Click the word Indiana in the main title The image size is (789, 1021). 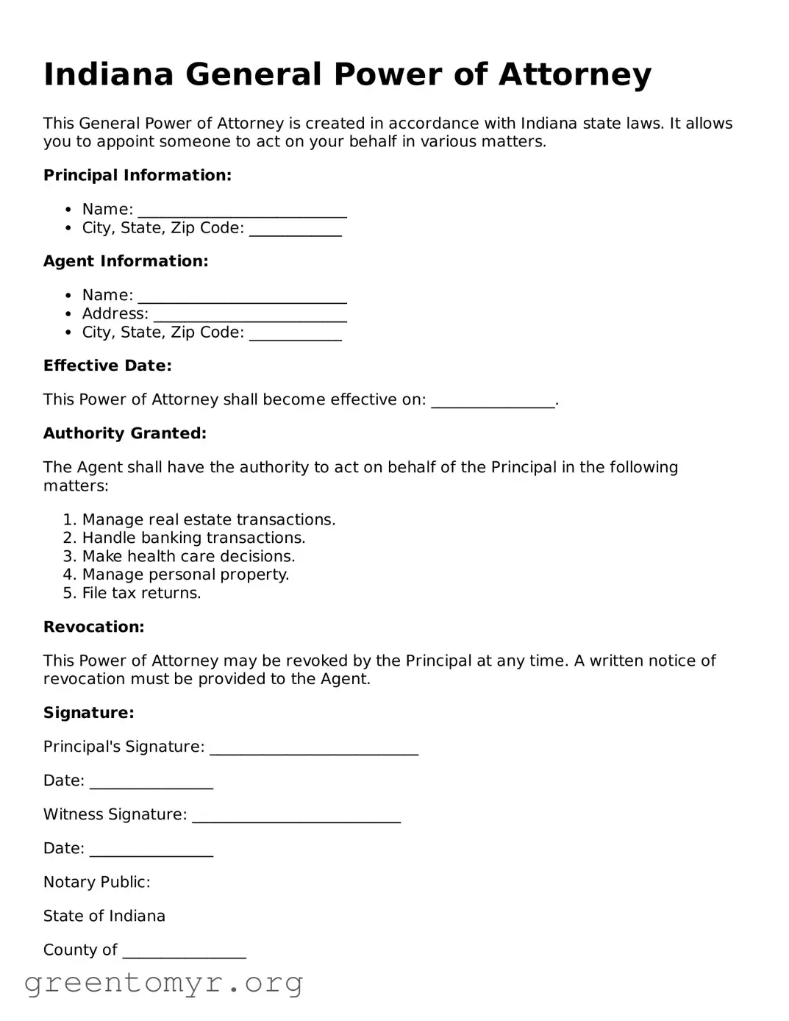point(108,75)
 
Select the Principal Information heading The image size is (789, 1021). point(137,175)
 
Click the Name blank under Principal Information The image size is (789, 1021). point(242,210)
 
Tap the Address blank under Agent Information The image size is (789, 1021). point(249,315)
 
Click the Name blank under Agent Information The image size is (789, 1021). point(242,296)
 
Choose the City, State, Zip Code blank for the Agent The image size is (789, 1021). point(295,333)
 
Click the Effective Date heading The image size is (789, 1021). point(107,366)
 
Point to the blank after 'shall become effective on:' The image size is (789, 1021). point(492,401)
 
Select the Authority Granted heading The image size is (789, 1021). point(124,433)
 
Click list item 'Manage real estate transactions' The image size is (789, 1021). point(208,520)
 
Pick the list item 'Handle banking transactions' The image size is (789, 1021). point(193,538)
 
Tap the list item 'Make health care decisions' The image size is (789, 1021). point(188,557)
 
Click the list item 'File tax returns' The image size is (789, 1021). point(141,594)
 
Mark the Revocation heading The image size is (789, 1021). point(93,627)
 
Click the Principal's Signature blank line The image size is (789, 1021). point(314,748)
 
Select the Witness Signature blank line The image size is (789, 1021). point(296,816)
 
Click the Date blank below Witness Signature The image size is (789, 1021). point(151,850)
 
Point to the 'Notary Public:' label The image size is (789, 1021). point(96,882)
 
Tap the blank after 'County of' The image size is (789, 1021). point(184,951)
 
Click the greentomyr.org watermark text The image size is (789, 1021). point(163,983)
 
